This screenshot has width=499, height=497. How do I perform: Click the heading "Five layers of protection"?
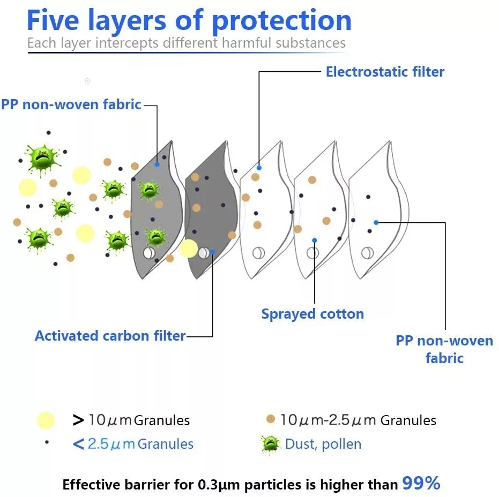click(189, 20)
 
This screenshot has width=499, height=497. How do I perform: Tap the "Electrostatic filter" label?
click(385, 72)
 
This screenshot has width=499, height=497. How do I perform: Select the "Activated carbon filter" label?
click(110, 336)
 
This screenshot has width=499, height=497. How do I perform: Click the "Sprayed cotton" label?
click(312, 314)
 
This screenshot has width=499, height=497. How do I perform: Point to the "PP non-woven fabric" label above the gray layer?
click(71, 104)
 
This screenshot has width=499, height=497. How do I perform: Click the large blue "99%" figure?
click(421, 484)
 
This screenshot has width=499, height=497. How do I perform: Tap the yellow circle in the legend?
click(46, 420)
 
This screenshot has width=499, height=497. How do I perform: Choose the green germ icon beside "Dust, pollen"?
click(270, 443)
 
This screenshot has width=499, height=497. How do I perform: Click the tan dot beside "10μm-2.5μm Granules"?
click(271, 419)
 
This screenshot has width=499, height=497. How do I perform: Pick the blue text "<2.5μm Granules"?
click(133, 444)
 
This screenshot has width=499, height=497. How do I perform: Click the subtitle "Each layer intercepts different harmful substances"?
click(187, 43)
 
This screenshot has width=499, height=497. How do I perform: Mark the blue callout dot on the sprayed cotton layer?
click(314, 240)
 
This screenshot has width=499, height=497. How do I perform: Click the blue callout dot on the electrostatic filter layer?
click(259, 168)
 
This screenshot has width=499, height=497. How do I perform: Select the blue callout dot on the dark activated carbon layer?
click(213, 251)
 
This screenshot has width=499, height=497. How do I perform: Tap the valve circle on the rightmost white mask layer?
click(367, 253)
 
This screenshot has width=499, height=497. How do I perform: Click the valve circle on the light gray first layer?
click(148, 252)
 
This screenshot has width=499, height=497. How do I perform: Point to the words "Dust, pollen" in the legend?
click(323, 444)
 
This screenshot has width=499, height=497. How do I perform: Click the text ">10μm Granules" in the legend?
click(131, 420)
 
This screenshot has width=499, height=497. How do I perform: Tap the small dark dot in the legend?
click(47, 443)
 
